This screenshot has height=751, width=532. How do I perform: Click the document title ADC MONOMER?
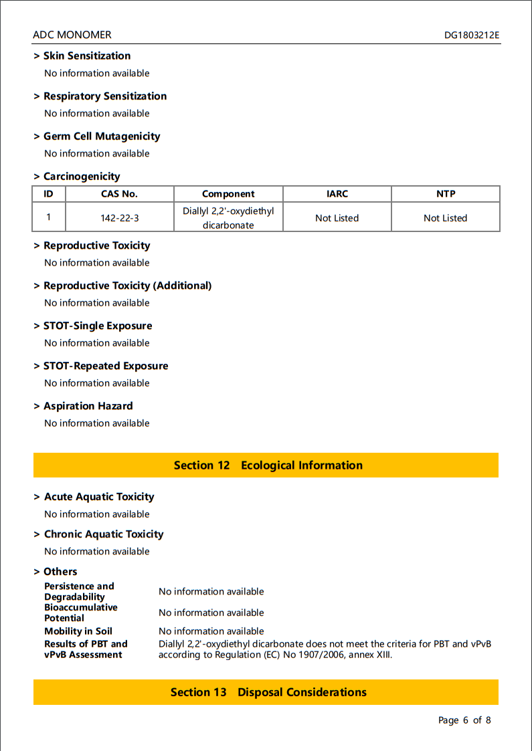pyautogui.click(x=72, y=35)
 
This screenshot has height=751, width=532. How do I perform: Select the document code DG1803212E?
pyautogui.click(x=471, y=35)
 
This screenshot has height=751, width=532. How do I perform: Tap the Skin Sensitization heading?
pyautogui.click(x=87, y=56)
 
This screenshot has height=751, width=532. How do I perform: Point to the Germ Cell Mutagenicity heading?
pyautogui.click(x=102, y=136)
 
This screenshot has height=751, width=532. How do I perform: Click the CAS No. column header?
pyautogui.click(x=119, y=194)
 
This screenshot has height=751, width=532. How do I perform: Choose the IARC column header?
pyautogui.click(x=337, y=194)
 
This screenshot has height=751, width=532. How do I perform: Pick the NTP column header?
pyautogui.click(x=445, y=194)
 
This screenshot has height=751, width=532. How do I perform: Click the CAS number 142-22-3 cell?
pyautogui.click(x=119, y=218)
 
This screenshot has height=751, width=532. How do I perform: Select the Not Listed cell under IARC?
pyautogui.click(x=337, y=218)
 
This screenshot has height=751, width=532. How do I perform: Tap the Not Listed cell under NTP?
pyautogui.click(x=445, y=218)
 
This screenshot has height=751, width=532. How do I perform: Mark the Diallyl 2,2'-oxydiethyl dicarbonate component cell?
pyautogui.click(x=228, y=218)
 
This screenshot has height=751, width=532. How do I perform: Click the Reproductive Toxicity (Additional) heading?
pyautogui.click(x=127, y=286)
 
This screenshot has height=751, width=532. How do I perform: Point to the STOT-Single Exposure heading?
pyautogui.click(x=98, y=326)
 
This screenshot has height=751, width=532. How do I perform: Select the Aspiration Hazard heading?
pyautogui.click(x=88, y=407)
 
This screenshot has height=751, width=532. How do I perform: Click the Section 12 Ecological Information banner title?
pyautogui.click(x=268, y=465)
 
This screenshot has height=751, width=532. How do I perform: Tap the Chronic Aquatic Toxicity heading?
pyautogui.click(x=104, y=534)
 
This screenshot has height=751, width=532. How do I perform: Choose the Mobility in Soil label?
pyautogui.click(x=78, y=631)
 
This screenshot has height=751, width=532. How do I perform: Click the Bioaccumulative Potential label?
pyautogui.click(x=80, y=613)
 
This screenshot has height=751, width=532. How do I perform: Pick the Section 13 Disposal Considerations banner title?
pyautogui.click(x=268, y=692)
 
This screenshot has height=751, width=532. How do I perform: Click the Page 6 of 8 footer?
pyautogui.click(x=464, y=720)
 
